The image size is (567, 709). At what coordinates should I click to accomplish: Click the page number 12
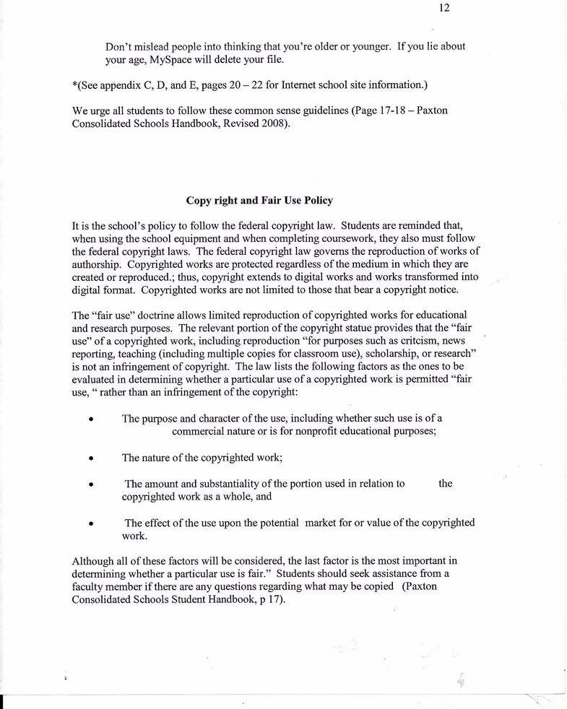tap(444, 8)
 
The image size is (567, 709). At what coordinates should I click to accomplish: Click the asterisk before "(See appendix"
tap(75, 85)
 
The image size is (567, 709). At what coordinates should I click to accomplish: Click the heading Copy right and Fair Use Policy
tap(260, 200)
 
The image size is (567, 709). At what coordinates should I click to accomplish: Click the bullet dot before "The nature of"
tap(90, 458)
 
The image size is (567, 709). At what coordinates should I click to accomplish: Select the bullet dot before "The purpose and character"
tap(90, 419)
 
